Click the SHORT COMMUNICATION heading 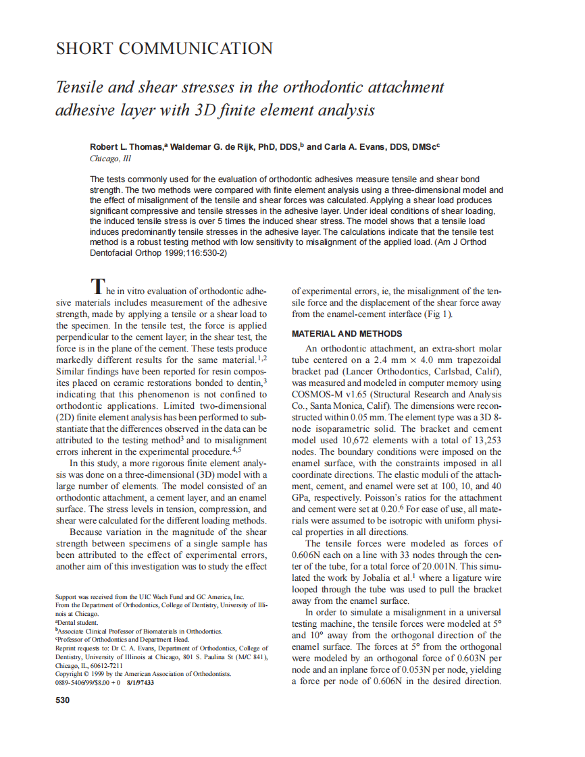pyautogui.click(x=164, y=49)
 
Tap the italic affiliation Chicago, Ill pyautogui.click(x=110, y=159)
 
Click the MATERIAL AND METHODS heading pyautogui.click(x=347, y=334)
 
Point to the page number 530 pyautogui.click(x=62, y=700)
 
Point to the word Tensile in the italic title pyautogui.click(x=80, y=87)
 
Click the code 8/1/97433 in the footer pyautogui.click(x=140, y=683)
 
